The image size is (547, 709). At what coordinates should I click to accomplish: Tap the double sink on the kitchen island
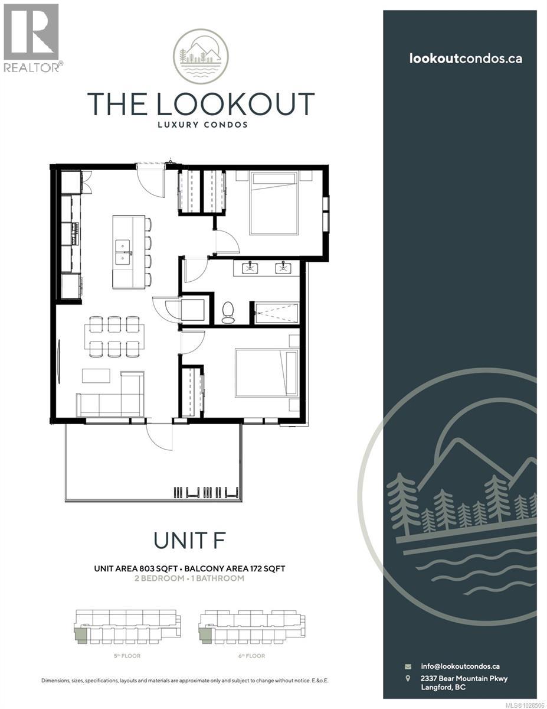pos(123,251)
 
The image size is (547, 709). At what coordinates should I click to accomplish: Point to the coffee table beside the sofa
pos(96,376)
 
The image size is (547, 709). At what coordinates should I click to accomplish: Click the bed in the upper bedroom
pos(273,203)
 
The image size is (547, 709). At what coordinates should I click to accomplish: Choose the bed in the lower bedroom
pos(266,372)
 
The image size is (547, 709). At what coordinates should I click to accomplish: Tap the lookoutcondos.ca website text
pos(465,58)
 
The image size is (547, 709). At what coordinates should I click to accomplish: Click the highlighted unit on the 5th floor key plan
pos(80,636)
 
